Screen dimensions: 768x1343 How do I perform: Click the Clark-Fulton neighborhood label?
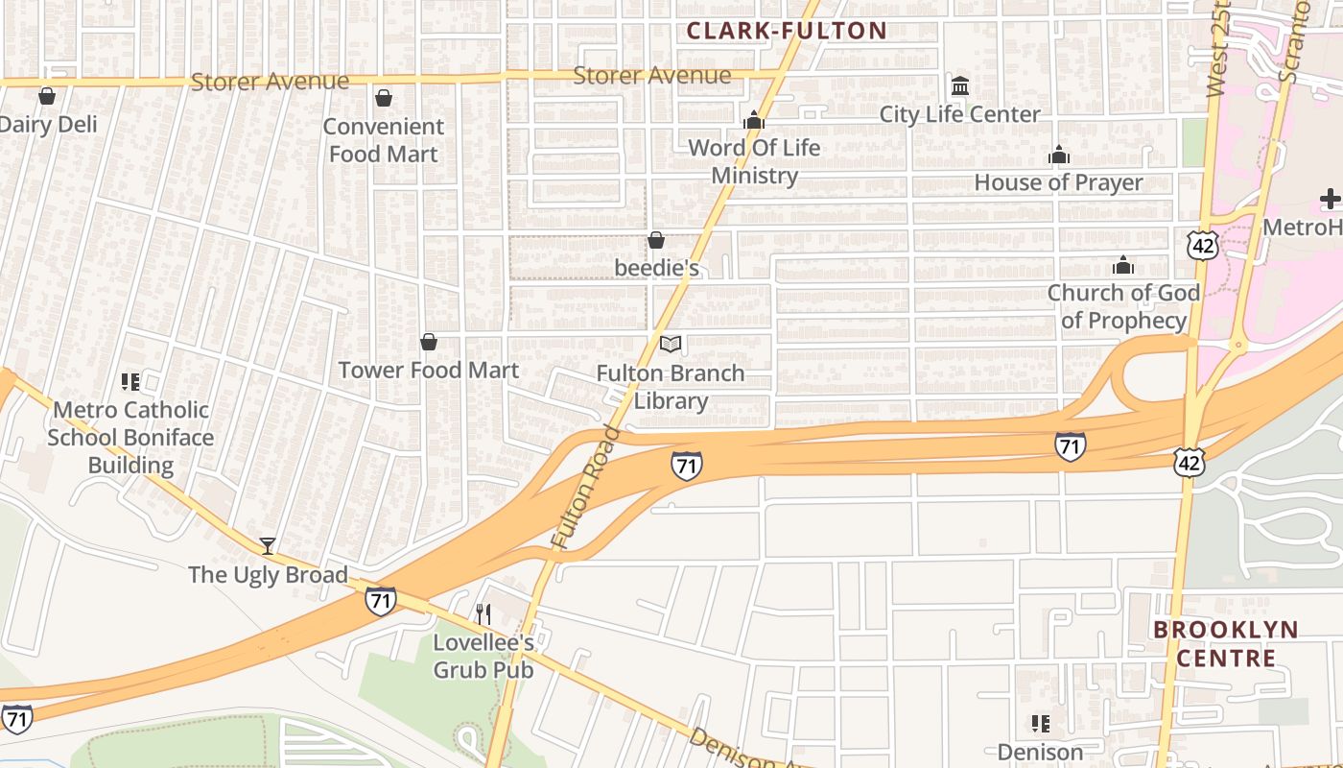pyautogui.click(x=787, y=31)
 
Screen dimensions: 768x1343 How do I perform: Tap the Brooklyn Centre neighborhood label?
pyautogui.click(x=1225, y=644)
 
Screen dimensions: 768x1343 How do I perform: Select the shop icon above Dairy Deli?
pyautogui.click(x=46, y=96)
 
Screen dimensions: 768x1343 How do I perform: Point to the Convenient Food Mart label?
pyautogui.click(x=383, y=140)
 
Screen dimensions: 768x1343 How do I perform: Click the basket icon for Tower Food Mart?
pyautogui.click(x=429, y=343)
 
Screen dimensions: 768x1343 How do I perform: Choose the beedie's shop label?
pyautogui.click(x=656, y=268)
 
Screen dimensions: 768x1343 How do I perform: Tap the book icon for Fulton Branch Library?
pyautogui.click(x=671, y=344)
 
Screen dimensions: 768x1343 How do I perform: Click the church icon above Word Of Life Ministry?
pyautogui.click(x=754, y=120)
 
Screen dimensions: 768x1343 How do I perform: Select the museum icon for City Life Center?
pyautogui.click(x=960, y=86)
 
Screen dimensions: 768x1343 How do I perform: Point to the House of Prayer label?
pyautogui.click(x=1058, y=182)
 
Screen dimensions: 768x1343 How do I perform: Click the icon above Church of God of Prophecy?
pyautogui.click(x=1122, y=265)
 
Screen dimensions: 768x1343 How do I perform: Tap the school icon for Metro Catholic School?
pyautogui.click(x=130, y=382)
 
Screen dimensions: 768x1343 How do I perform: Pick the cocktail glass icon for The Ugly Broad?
pyautogui.click(x=268, y=546)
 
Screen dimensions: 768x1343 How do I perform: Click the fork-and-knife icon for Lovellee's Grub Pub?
pyautogui.click(x=483, y=613)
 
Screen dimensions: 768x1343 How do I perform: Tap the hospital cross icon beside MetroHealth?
pyautogui.click(x=1330, y=200)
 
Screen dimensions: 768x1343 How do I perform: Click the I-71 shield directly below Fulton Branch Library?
pyautogui.click(x=686, y=466)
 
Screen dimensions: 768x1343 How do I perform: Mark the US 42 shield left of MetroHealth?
pyautogui.click(x=1202, y=246)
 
